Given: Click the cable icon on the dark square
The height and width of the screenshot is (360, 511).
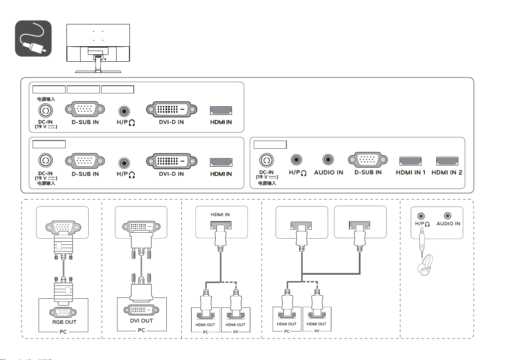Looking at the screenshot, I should click(33, 39).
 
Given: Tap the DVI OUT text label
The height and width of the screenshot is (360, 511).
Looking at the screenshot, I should click(141, 321).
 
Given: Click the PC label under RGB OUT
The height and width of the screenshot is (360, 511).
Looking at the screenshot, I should click(62, 331).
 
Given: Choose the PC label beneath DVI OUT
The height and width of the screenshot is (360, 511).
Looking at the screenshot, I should click(141, 331).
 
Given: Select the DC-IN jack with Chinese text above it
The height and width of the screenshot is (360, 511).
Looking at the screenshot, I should click(45, 111).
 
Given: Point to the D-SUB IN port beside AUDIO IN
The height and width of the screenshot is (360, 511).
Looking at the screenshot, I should click(365, 160).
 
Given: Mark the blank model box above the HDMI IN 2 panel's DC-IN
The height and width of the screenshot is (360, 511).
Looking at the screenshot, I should click(270, 144).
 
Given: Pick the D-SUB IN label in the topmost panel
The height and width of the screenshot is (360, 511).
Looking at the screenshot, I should click(85, 123).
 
